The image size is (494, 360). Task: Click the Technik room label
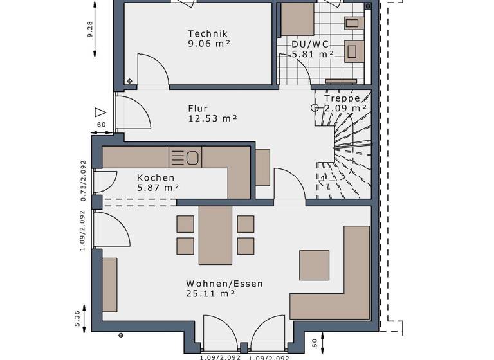point(208,34)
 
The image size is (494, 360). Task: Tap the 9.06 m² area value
point(208,44)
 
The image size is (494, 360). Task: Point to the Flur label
point(198,108)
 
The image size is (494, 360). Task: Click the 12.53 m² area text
point(212,118)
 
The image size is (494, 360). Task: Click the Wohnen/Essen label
point(224,283)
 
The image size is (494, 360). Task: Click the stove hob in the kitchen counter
point(192,156)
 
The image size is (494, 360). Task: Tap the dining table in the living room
point(215,235)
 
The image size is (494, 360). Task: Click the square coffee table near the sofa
point(314,265)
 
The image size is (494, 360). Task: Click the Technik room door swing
point(153,69)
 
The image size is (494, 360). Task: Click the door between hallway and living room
point(289,184)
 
